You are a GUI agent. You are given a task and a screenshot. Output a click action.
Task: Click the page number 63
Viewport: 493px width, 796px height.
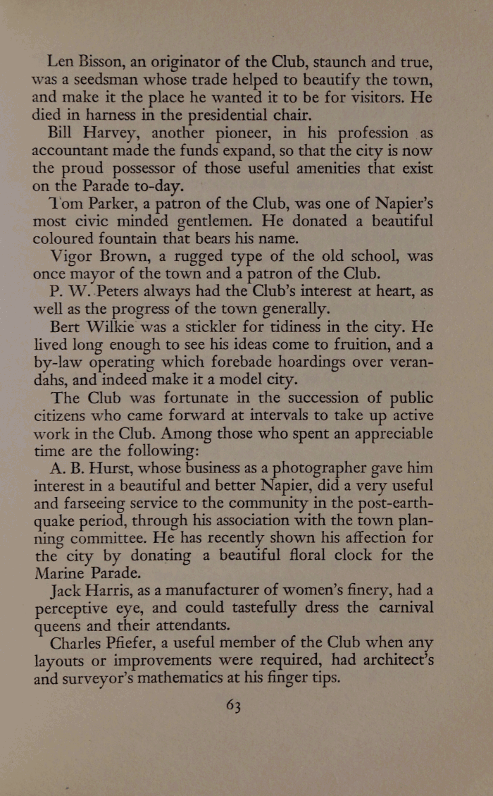pos(234,705)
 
